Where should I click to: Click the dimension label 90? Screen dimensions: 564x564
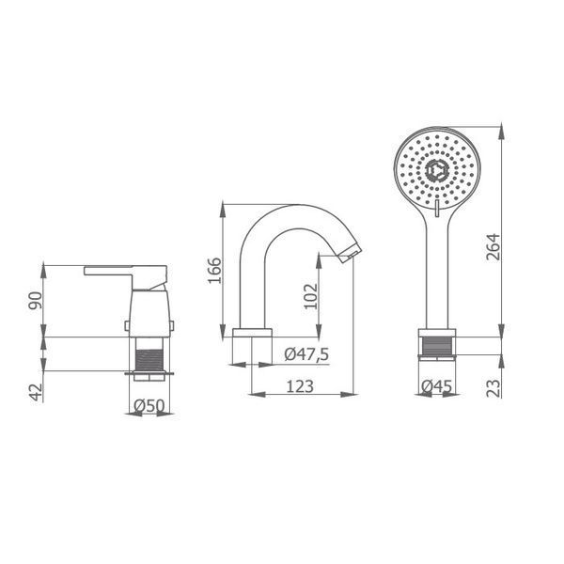coord(36,301)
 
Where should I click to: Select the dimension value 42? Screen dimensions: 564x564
coord(36,392)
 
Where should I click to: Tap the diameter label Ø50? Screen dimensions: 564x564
coord(149,406)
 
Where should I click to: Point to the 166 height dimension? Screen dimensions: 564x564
coord(214,271)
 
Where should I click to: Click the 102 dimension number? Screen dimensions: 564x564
coord(311,296)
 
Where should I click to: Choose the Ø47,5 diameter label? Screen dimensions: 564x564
coord(306,354)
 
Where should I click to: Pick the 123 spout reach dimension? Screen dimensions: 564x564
coord(300,386)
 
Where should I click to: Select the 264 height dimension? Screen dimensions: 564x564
coord(493,246)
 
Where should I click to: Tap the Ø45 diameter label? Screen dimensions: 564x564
coord(437,386)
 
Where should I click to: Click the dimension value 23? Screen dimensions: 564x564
coord(493,388)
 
